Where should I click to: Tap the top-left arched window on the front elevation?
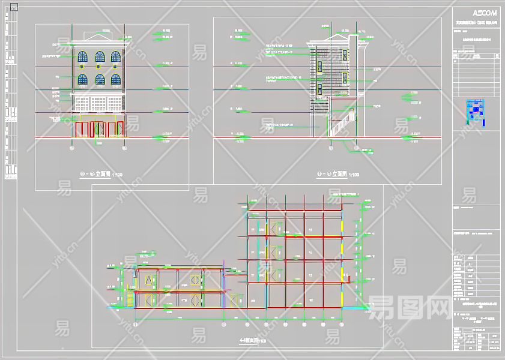83,57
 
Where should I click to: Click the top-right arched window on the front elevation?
115,57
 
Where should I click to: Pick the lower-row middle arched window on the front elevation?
99,79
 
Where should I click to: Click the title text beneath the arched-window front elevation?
100,174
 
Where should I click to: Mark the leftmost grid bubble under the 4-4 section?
136,325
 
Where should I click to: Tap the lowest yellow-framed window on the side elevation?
319,91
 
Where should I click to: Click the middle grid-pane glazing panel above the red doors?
99,103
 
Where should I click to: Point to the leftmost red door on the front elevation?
80,129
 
